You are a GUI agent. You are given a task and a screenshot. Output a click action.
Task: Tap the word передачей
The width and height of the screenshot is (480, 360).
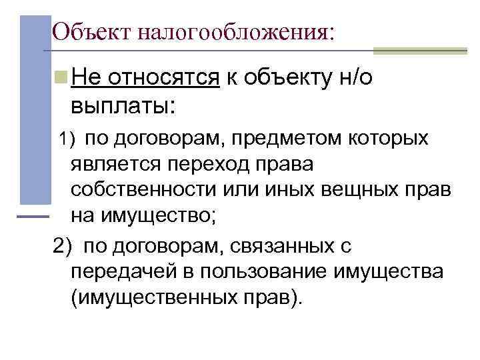tap(122, 271)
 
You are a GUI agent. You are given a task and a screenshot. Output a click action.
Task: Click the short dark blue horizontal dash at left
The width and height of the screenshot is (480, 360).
tap(32, 217)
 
